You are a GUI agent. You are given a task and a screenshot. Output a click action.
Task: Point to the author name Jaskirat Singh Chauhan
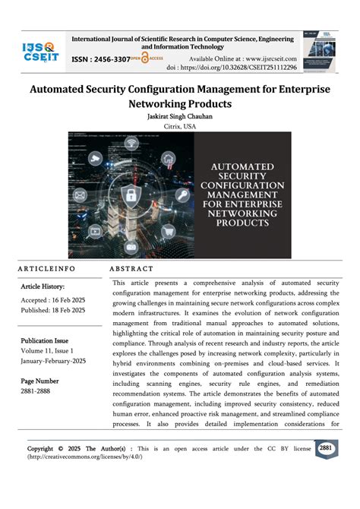(x=179, y=117)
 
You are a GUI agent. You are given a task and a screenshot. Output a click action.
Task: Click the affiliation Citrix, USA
(x=179, y=128)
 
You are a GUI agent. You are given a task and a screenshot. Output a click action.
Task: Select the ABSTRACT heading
(x=131, y=269)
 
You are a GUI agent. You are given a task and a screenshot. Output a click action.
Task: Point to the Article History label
(x=43, y=286)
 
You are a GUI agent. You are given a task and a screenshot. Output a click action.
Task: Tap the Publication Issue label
(x=45, y=341)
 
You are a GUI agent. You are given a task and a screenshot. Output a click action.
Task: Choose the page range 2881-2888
(x=36, y=391)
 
